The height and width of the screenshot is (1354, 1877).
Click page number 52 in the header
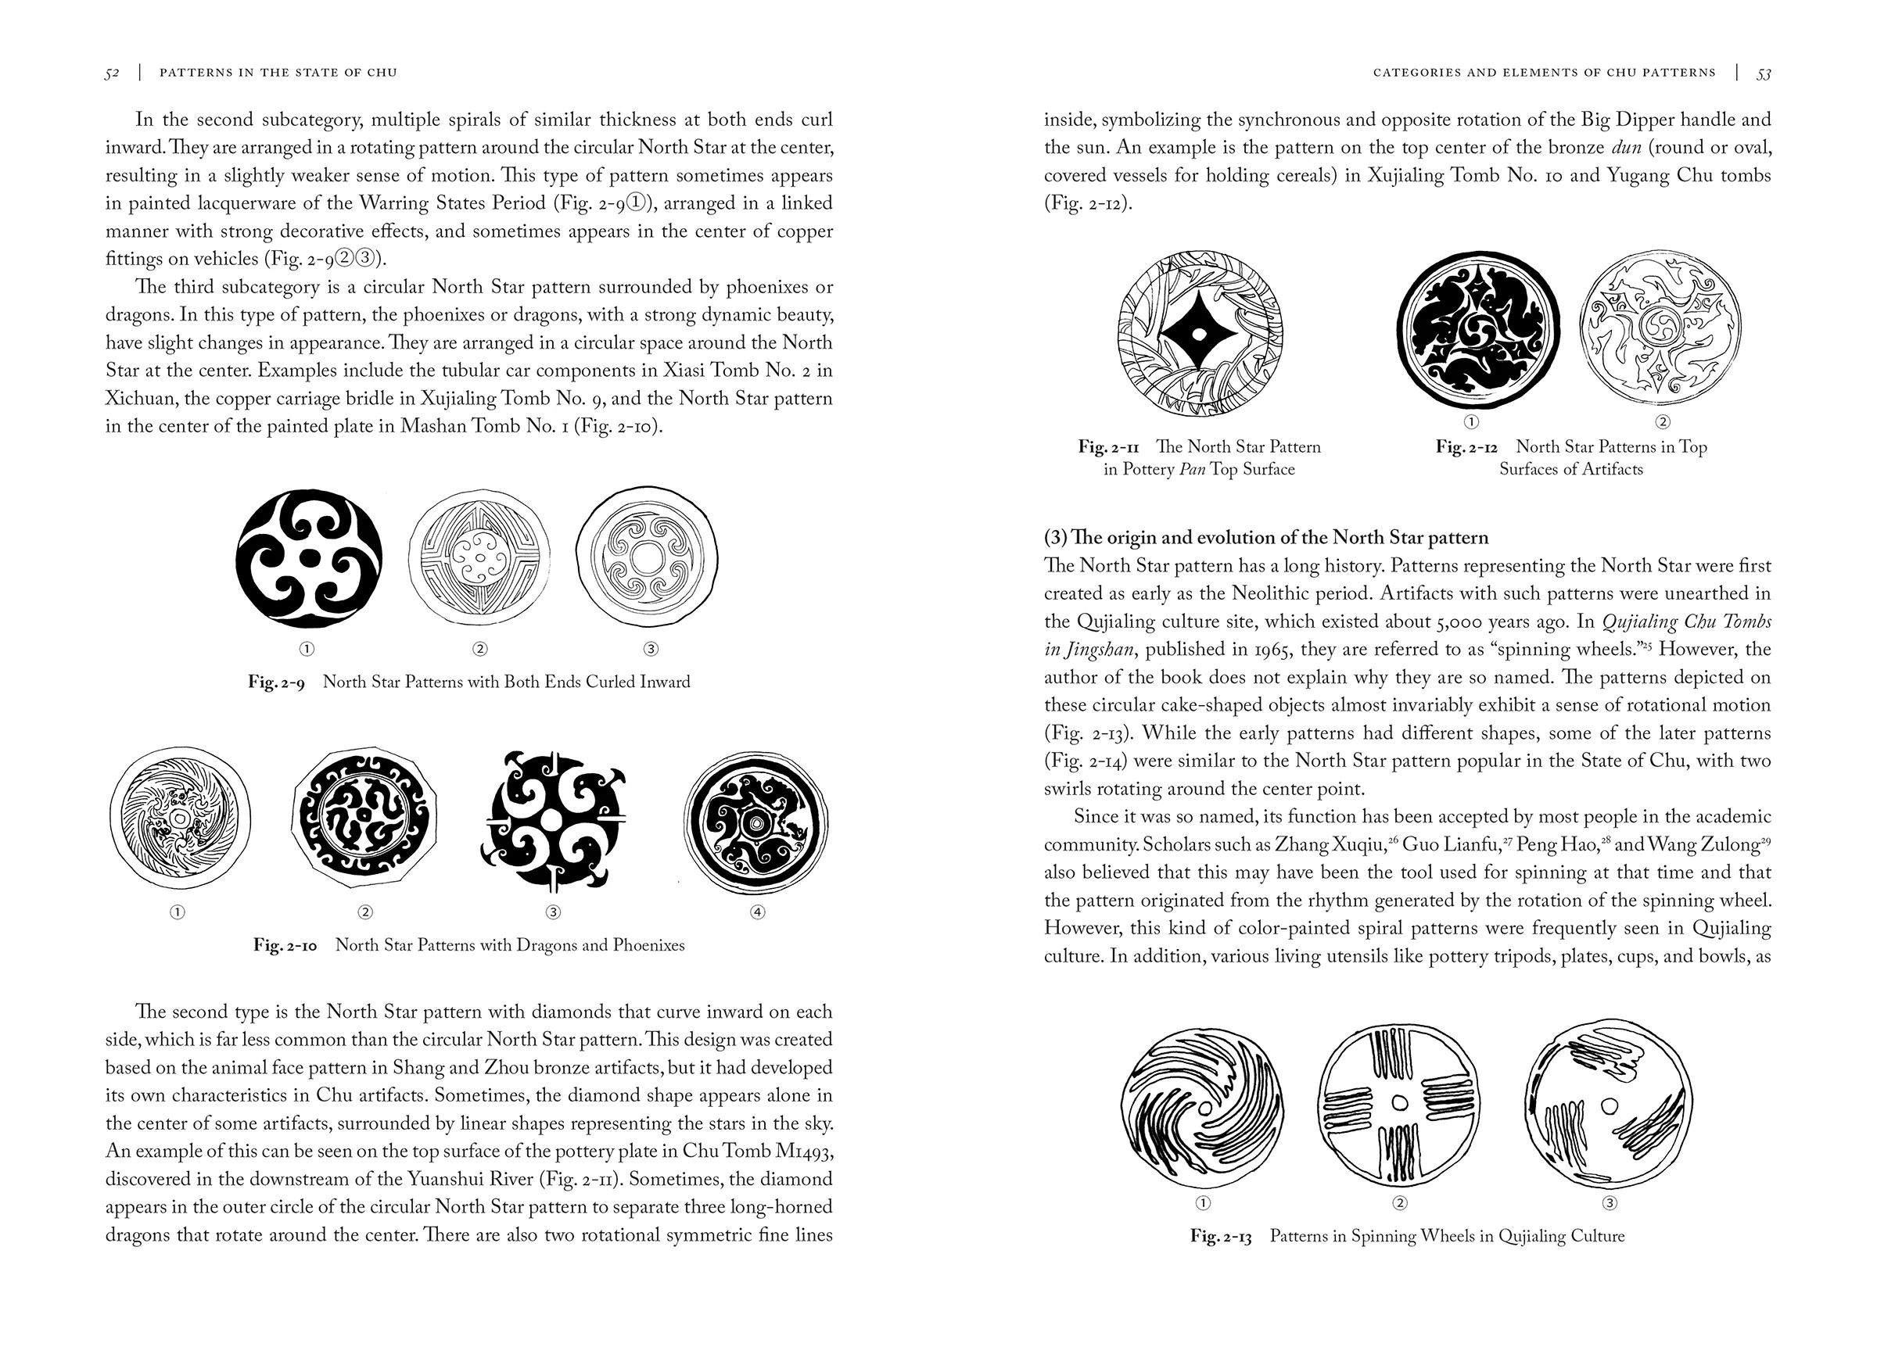(x=113, y=73)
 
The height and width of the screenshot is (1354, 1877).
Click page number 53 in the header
(x=1764, y=73)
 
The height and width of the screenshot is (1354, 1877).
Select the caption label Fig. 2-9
(x=276, y=682)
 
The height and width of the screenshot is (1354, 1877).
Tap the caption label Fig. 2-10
(x=285, y=945)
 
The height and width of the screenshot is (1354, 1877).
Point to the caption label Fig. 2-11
(x=1108, y=447)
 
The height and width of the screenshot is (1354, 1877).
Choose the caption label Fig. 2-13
(x=1221, y=1237)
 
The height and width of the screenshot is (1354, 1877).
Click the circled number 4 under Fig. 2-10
(x=756, y=912)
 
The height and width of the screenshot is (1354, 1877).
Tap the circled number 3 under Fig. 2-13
(x=1610, y=1202)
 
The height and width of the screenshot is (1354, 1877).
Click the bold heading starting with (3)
(x=1265, y=538)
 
